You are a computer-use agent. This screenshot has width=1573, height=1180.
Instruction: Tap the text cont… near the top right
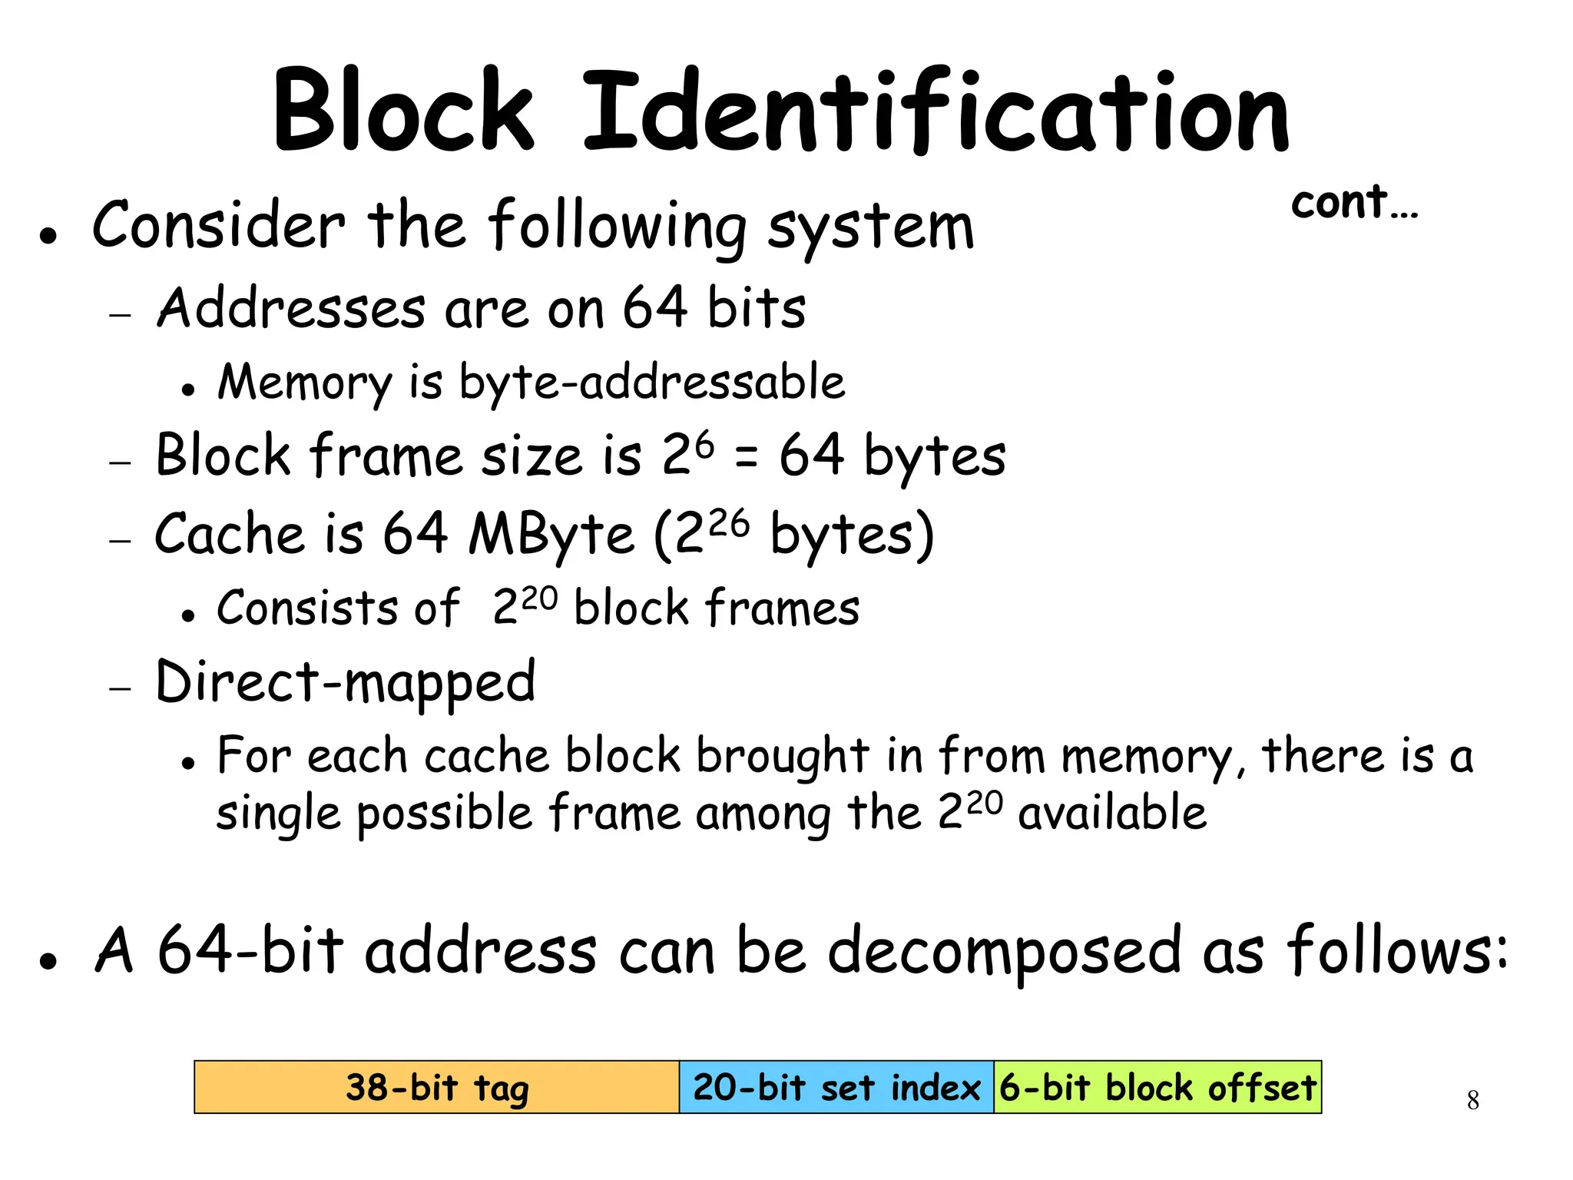(1354, 203)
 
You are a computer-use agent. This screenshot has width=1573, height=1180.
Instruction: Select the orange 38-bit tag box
(436, 1087)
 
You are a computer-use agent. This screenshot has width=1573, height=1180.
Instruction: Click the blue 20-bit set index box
(836, 1087)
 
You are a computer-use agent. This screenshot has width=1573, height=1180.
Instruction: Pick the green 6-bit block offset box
(1157, 1087)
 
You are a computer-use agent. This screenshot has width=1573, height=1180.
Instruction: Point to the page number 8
(1472, 1100)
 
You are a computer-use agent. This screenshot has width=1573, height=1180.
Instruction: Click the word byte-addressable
(651, 382)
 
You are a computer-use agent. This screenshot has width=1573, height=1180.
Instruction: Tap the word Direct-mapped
(345, 682)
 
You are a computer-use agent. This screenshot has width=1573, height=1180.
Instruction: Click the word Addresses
(291, 308)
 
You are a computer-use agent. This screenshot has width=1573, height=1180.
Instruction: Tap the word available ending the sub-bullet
(1111, 813)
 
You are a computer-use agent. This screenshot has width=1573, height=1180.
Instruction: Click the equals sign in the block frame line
(746, 457)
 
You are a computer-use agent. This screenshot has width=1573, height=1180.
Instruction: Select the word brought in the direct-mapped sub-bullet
(783, 757)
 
